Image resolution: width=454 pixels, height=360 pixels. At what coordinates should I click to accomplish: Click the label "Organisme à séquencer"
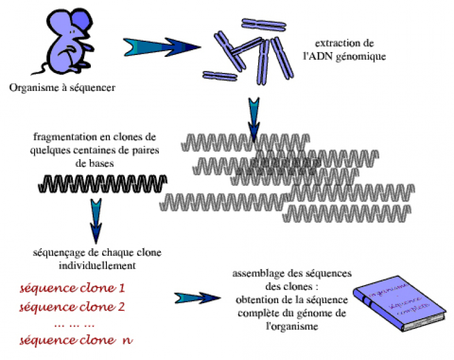tap(62, 88)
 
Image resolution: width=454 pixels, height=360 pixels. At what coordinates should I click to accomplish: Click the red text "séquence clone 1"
tap(72, 288)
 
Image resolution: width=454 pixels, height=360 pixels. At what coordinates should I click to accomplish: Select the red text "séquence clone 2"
tap(72, 307)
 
